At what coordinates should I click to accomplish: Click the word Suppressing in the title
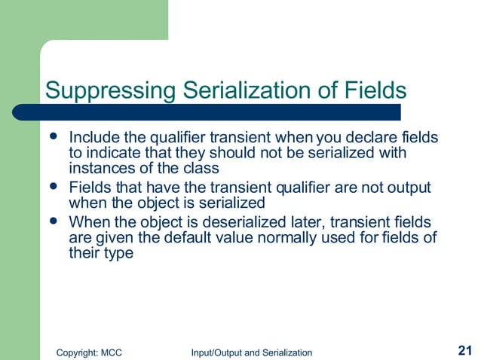point(108,90)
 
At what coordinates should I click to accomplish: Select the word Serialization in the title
point(234,90)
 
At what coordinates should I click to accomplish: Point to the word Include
point(92,139)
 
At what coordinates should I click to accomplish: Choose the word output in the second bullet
point(411,188)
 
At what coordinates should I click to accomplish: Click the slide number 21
point(464,350)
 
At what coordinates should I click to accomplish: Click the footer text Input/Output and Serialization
point(251,352)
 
